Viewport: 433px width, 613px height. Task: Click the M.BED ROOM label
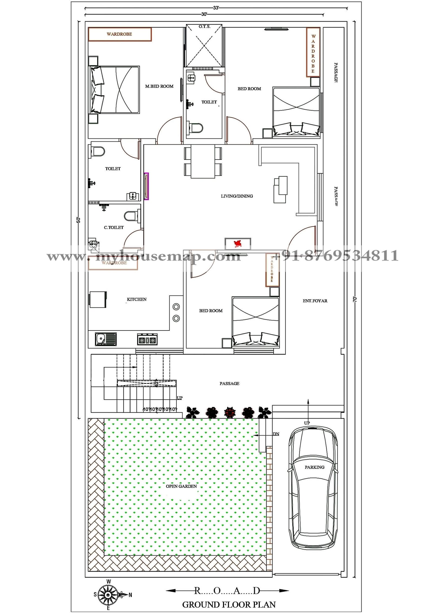pyautogui.click(x=159, y=86)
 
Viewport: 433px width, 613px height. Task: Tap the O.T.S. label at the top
pyautogui.click(x=204, y=27)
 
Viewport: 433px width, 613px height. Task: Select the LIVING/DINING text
pyautogui.click(x=237, y=196)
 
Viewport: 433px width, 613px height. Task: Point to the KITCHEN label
pyautogui.click(x=137, y=299)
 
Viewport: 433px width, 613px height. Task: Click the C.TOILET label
pyautogui.click(x=114, y=227)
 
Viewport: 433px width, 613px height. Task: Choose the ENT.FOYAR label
pyautogui.click(x=315, y=301)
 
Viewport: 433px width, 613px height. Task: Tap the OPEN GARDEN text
pyautogui.click(x=181, y=486)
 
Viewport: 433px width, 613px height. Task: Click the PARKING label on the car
pyautogui.click(x=314, y=467)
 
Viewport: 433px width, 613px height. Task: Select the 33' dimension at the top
pyautogui.click(x=216, y=8)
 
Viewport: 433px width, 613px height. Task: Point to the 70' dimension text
pyautogui.click(x=355, y=299)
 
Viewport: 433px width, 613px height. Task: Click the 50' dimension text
pyautogui.click(x=78, y=220)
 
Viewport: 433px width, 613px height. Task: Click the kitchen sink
pyautogui.click(x=106, y=339)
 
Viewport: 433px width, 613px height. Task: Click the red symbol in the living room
pyautogui.click(x=238, y=244)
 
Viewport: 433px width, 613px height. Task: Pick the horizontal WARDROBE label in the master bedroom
pyautogui.click(x=119, y=34)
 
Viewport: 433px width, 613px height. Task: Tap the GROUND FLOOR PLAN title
pyautogui.click(x=229, y=604)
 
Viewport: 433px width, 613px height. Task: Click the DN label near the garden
pyautogui.click(x=276, y=434)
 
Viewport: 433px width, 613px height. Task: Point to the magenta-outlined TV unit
pyautogui.click(x=146, y=186)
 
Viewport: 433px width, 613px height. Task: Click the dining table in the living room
pyautogui.click(x=203, y=161)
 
